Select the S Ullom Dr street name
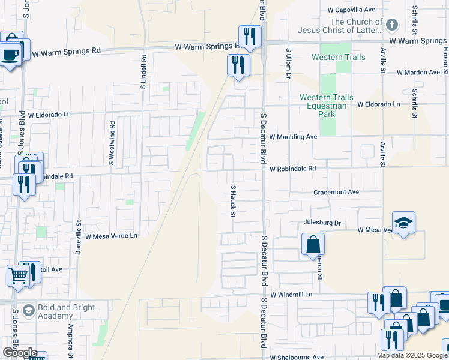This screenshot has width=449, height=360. pyautogui.click(x=288, y=64)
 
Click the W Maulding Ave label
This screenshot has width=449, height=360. pyautogui.click(x=293, y=137)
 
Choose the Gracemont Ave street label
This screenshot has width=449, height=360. pyautogui.click(x=336, y=193)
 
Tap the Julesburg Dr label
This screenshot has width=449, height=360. pyautogui.click(x=322, y=223)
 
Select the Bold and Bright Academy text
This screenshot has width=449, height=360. pyautogui.click(x=66, y=311)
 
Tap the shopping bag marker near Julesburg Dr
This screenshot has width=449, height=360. pyautogui.click(x=313, y=245)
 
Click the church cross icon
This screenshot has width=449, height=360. pyautogui.click(x=391, y=25)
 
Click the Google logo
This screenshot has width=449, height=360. pyautogui.click(x=19, y=353)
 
